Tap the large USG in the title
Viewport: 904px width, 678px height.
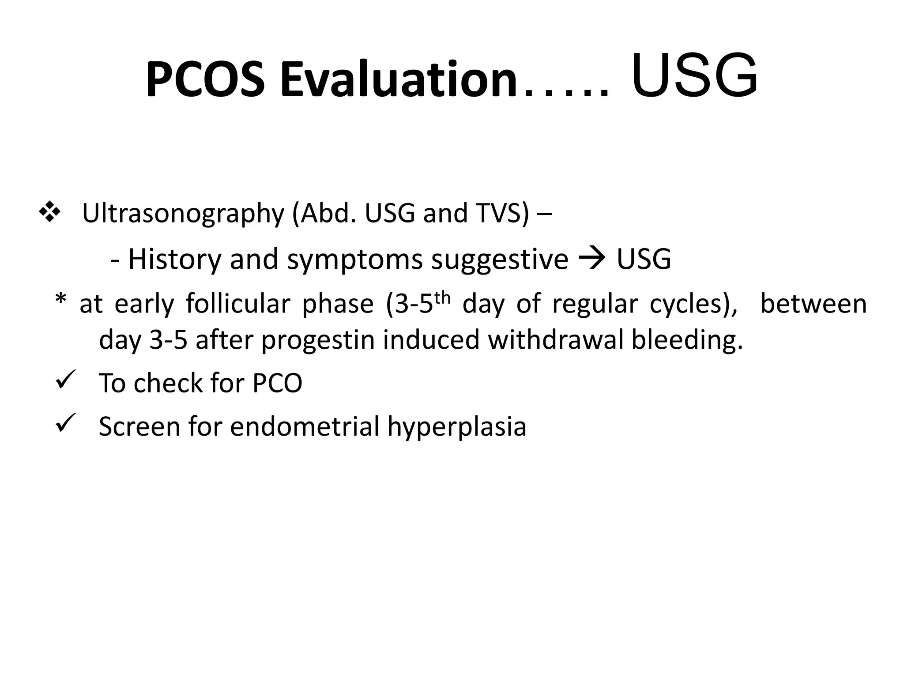coord(694,76)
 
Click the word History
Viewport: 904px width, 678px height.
coord(174,260)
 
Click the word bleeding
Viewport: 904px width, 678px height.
coord(687,341)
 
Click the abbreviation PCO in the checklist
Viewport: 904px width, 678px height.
coord(277,383)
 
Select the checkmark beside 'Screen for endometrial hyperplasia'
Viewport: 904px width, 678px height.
coord(66,423)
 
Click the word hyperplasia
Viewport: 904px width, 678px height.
coord(457,427)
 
